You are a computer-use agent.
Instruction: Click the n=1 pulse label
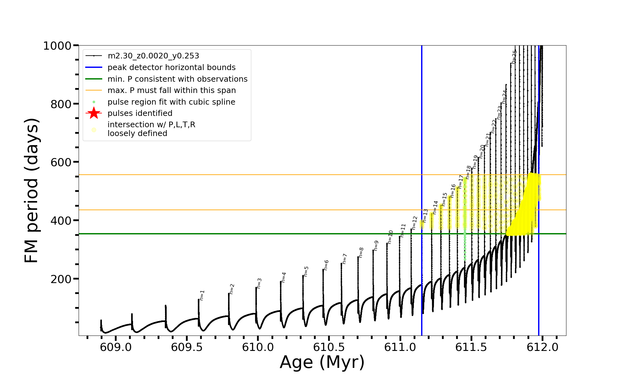click(202, 295)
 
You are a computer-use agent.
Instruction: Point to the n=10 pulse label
click(390, 237)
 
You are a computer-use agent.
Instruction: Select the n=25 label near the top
click(514, 57)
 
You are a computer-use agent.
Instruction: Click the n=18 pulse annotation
click(468, 172)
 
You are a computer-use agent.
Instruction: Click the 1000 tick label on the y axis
click(57, 46)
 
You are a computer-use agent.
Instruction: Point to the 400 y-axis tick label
click(61, 221)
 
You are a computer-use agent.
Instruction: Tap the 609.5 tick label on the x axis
click(186, 347)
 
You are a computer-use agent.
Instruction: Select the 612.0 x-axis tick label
click(543, 347)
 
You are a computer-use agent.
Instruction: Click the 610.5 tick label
click(329, 347)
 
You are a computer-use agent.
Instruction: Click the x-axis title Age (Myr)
click(322, 362)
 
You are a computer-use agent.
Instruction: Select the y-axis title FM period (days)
click(32, 190)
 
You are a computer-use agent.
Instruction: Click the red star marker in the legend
click(94, 113)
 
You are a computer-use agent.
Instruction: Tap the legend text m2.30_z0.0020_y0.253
click(153, 56)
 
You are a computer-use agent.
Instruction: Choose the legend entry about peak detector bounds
click(171, 68)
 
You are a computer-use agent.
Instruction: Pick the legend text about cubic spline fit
click(171, 102)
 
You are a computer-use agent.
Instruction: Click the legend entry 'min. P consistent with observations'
click(177, 79)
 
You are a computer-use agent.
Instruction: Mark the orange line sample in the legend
click(94, 90)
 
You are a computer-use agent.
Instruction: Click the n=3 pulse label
click(259, 283)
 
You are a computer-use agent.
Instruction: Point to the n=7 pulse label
click(345, 259)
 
